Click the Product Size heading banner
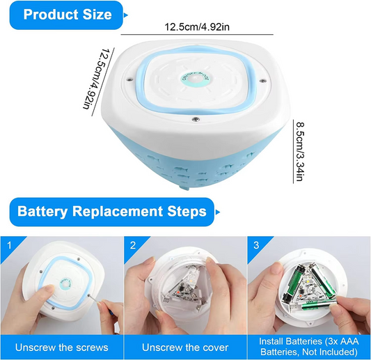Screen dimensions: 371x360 click(x=66, y=15)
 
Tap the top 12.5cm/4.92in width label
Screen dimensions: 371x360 click(x=197, y=26)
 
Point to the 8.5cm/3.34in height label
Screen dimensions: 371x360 click(x=300, y=152)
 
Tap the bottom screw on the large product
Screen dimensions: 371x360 click(x=196, y=119)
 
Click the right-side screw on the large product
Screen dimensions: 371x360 click(x=262, y=81)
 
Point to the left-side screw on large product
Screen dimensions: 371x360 click(x=129, y=79)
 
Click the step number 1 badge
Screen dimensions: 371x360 click(x=9, y=245)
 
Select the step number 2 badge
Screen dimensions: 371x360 click(x=133, y=245)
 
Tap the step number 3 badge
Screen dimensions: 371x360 click(x=256, y=245)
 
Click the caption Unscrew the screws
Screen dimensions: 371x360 click(x=61, y=347)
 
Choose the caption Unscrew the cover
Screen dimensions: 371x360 click(x=185, y=347)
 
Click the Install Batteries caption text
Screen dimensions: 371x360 click(x=309, y=347)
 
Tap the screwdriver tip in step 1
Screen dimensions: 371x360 click(x=89, y=295)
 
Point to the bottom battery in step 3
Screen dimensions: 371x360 click(x=318, y=304)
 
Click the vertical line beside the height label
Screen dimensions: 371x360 click(x=294, y=152)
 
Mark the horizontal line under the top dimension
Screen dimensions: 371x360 click(x=197, y=35)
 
